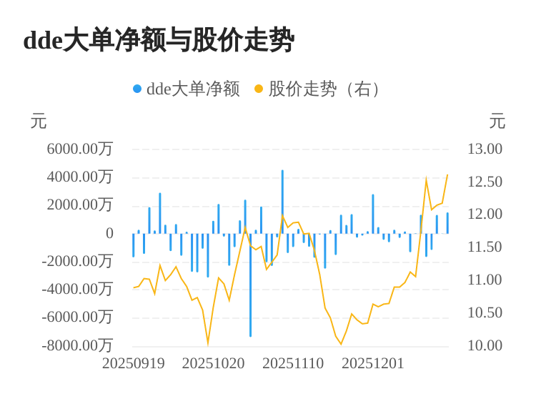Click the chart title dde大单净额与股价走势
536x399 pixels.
click(159, 40)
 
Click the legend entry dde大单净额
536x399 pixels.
click(192, 89)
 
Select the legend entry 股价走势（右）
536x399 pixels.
click(325, 89)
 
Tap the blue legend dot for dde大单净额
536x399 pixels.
click(137, 89)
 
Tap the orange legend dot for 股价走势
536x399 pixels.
click(259, 89)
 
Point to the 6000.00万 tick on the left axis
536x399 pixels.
click(79, 149)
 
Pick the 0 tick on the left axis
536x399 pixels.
click(109, 233)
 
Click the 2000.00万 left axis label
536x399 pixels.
click(79, 205)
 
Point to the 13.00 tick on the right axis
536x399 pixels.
click(485, 149)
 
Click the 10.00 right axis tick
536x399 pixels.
click(485, 345)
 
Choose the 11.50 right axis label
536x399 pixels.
click(485, 247)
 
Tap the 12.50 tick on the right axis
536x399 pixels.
click(485, 182)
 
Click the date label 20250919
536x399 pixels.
click(134, 363)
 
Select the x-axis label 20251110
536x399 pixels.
click(293, 363)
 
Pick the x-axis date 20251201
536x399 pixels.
click(373, 363)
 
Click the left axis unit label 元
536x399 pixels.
click(39, 122)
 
